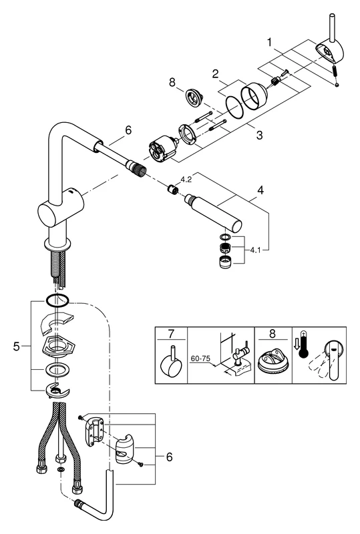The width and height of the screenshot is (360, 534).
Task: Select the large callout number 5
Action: coord(17,346)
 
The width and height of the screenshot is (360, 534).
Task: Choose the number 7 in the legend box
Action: coord(171,334)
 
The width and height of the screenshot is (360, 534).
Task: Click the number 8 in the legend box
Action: coord(272,334)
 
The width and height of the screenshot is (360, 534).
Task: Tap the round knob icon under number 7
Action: coord(172,365)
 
